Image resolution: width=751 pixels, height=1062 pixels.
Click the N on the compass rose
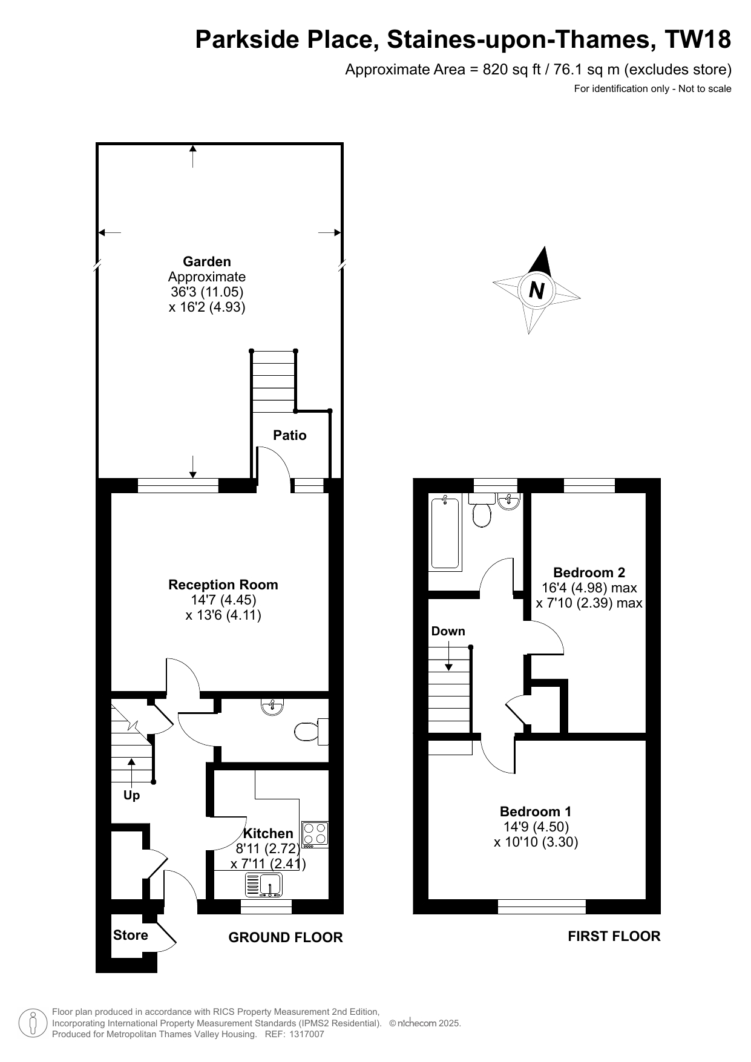(x=536, y=291)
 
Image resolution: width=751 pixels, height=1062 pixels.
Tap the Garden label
(x=207, y=261)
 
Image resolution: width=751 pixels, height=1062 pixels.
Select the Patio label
(x=290, y=435)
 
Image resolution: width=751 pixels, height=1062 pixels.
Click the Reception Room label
(x=223, y=585)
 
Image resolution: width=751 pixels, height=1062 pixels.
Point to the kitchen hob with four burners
(x=315, y=834)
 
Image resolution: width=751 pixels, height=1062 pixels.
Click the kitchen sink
(x=264, y=885)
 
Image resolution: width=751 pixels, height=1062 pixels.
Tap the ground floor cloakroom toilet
(x=312, y=732)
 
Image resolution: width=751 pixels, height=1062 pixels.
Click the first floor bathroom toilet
(x=482, y=510)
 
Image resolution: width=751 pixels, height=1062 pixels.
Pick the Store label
(x=131, y=935)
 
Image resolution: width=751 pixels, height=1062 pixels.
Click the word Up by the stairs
(x=131, y=795)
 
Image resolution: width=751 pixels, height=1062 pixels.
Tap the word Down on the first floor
(x=448, y=631)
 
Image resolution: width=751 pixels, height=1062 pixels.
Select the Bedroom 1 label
(x=536, y=811)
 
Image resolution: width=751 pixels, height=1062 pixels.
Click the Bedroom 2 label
(x=589, y=572)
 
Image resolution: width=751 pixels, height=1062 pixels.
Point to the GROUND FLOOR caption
(x=286, y=937)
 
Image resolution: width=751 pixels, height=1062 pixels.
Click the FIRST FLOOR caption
(x=614, y=936)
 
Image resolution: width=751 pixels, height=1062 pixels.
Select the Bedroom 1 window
(x=542, y=906)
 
